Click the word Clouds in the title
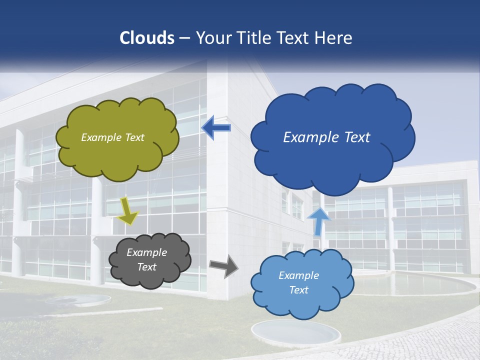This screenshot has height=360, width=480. click(147, 38)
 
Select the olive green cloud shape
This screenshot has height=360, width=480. click(117, 155)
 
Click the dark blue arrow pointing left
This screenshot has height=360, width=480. click(216, 128)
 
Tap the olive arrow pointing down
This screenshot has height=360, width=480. click(128, 211)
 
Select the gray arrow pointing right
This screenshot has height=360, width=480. click(223, 265)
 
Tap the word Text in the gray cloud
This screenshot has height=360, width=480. click(147, 267)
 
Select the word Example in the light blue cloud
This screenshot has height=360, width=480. click(298, 275)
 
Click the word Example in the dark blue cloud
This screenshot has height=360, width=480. click(308, 137)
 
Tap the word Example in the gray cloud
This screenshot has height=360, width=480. click(147, 252)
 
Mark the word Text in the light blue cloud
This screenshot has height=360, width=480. click(298, 290)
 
